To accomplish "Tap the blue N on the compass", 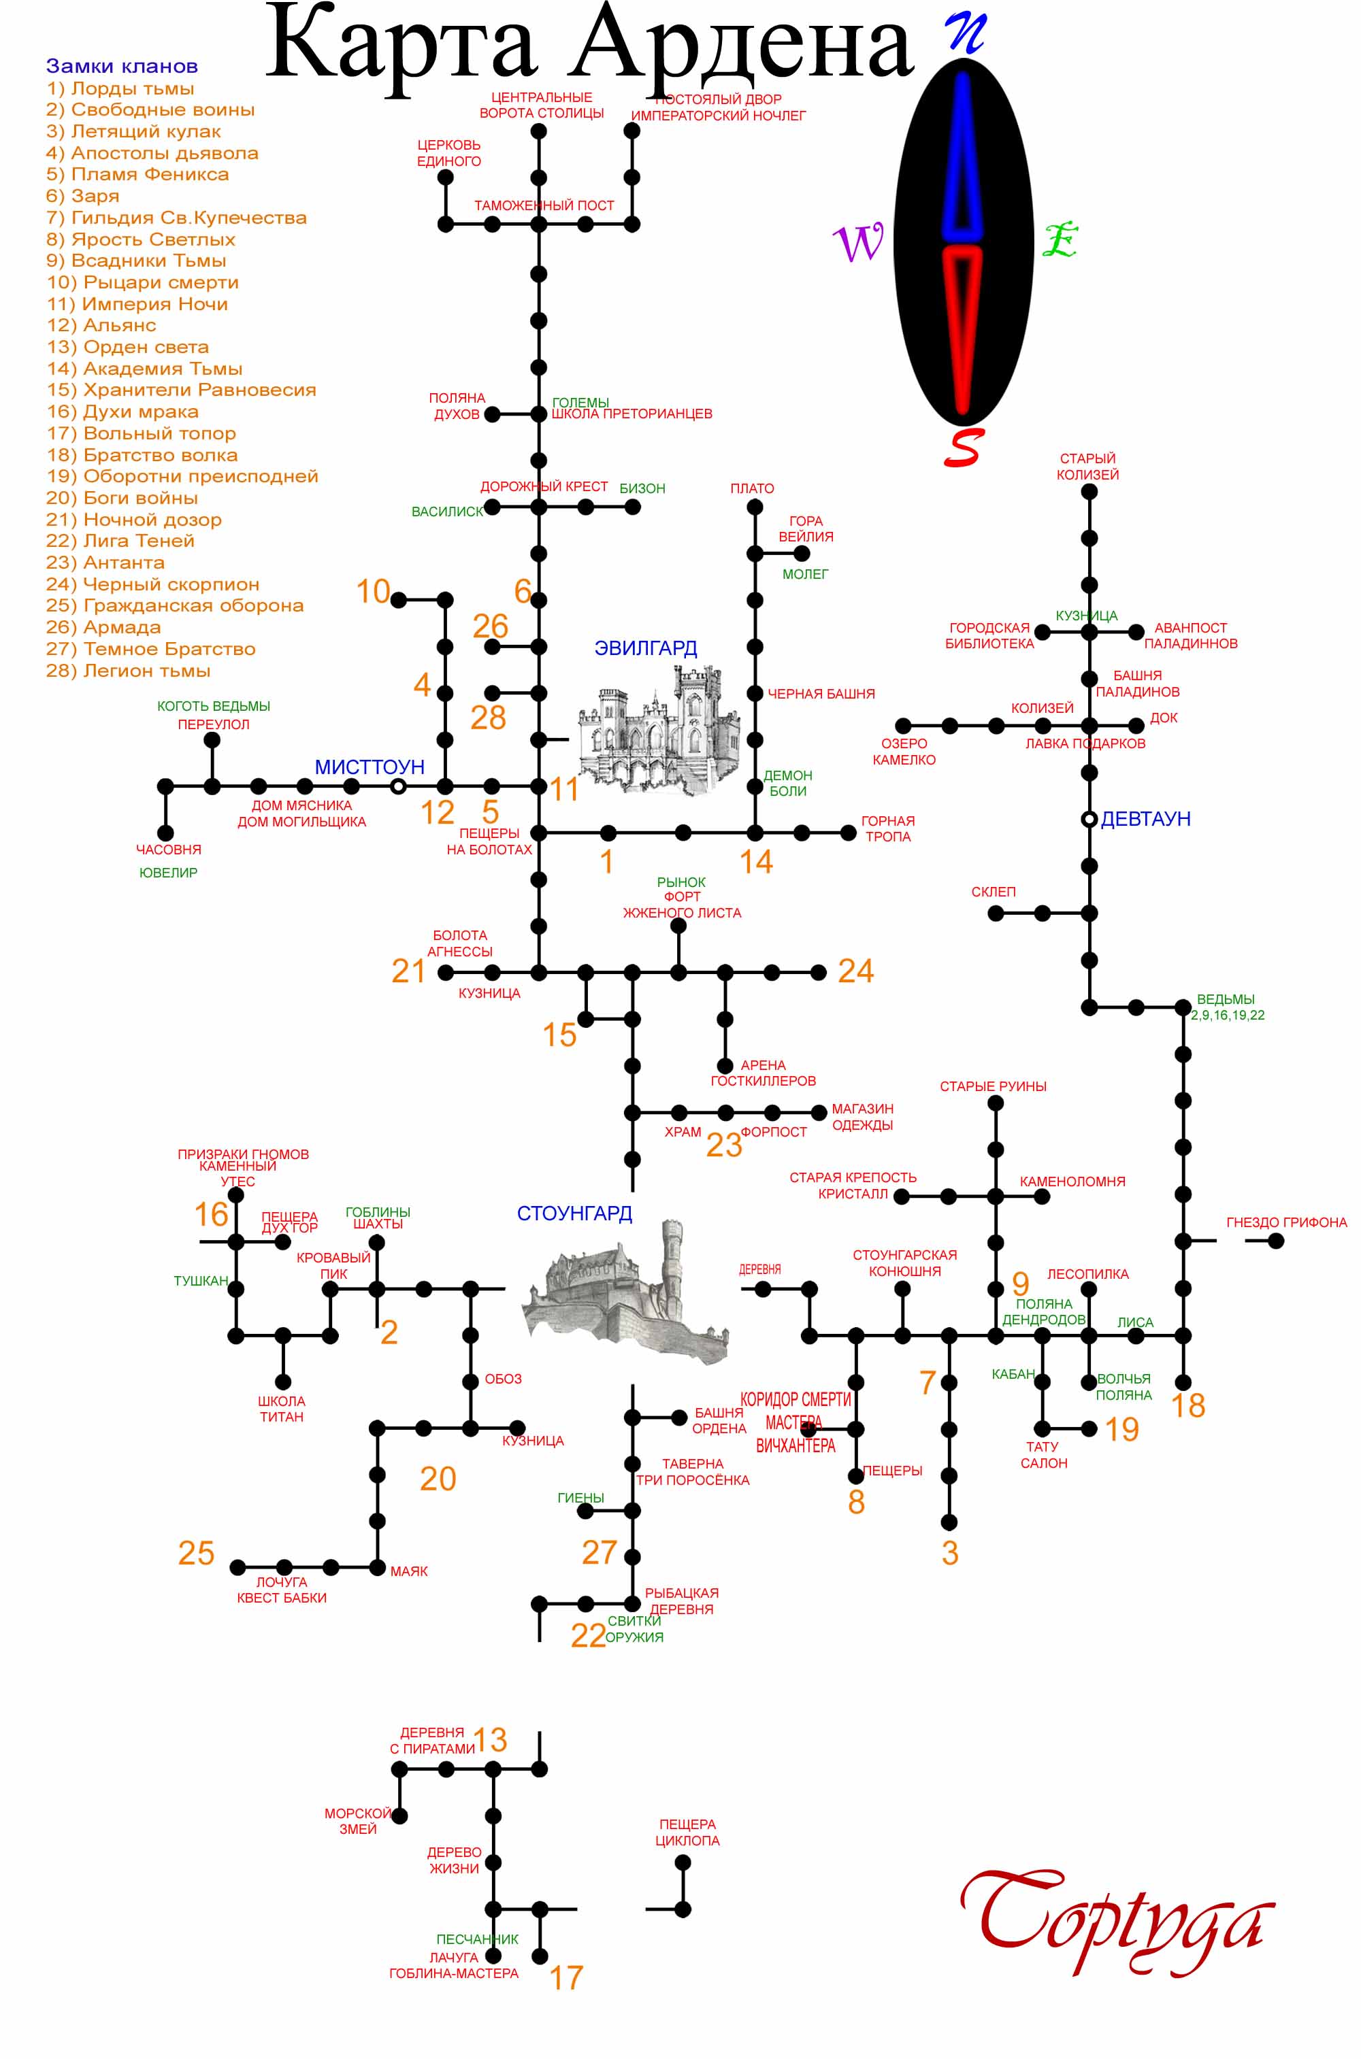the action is [x=966, y=32].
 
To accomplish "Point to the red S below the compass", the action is [x=963, y=448].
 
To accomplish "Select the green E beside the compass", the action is [x=1060, y=239].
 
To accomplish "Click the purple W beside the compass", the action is [x=858, y=242].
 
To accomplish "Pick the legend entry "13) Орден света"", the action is [x=128, y=347].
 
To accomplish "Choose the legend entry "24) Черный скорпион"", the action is [x=152, y=584].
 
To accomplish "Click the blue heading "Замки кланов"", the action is [x=122, y=66].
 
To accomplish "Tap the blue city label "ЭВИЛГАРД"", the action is [x=645, y=648].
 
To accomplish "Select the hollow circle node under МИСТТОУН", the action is [x=398, y=786].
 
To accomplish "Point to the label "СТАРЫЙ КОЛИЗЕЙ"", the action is [x=1087, y=467].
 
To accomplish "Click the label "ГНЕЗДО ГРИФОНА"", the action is [x=1286, y=1222].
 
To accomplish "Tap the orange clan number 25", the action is [x=196, y=1553].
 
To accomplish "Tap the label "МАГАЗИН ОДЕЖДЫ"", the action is [x=862, y=1117].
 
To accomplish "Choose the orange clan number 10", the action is [x=373, y=591].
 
